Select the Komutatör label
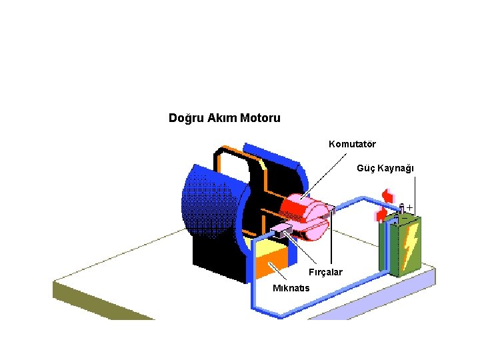[352, 144]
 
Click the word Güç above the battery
[367, 168]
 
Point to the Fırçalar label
[325, 272]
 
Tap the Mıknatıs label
[296, 288]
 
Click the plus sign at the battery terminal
[409, 208]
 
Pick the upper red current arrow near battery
[386, 195]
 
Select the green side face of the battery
[386, 247]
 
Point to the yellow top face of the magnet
[270, 249]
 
